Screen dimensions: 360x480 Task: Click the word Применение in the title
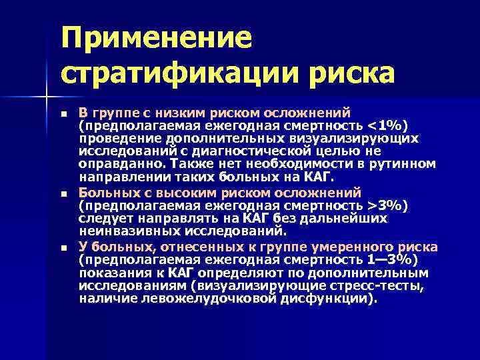point(157,38)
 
